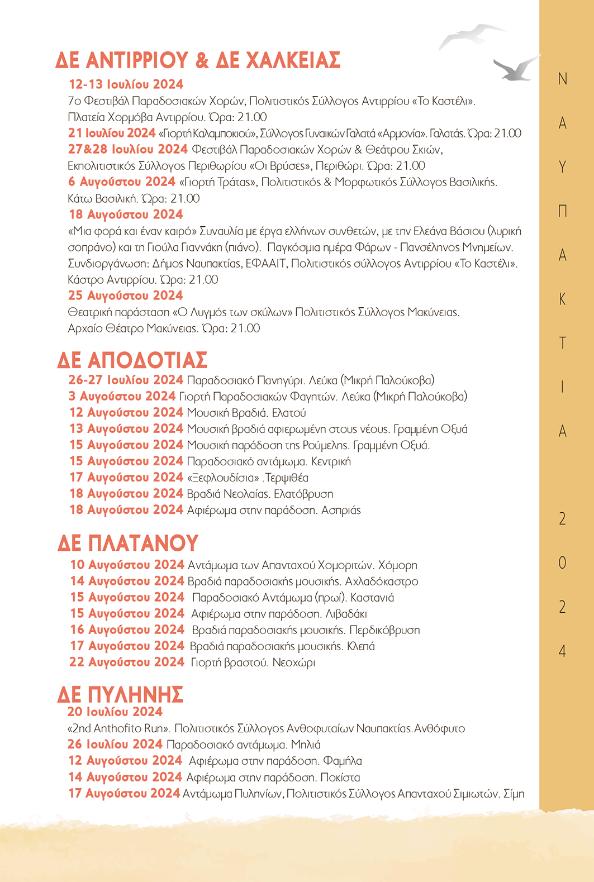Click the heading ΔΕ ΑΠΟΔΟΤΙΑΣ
[x=132, y=360]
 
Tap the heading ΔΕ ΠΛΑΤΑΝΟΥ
[x=128, y=543]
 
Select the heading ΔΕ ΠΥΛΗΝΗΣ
[x=120, y=694]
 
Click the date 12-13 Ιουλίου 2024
[x=126, y=84]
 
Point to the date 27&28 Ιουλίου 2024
[x=128, y=149]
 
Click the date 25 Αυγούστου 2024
[x=126, y=295]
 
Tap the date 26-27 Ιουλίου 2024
[x=126, y=380]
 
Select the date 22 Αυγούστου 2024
[x=127, y=662]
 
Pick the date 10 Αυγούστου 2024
[x=127, y=565]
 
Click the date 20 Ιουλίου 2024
[x=115, y=712]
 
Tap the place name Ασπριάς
[x=341, y=510]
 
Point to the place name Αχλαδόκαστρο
[x=382, y=581]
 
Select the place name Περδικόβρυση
[x=384, y=630]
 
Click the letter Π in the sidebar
[x=563, y=211]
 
